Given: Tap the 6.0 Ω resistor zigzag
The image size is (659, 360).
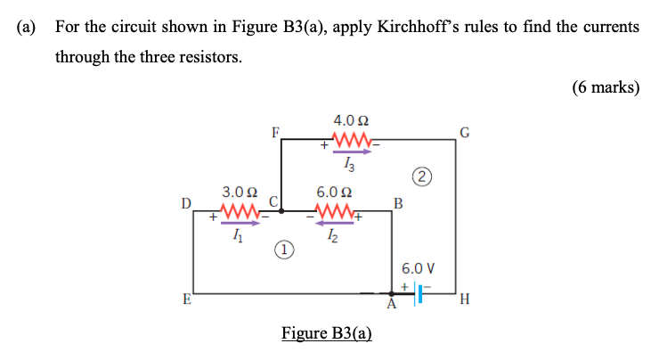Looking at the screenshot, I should pyautogui.click(x=335, y=212).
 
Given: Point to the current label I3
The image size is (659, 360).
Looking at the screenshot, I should pyautogui.click(x=350, y=162).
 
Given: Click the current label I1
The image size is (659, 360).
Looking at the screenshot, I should pyautogui.click(x=235, y=234).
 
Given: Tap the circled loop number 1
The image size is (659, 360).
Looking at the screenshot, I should pyautogui.click(x=281, y=251).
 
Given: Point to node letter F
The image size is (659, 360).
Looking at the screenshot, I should pyautogui.click(x=276, y=133).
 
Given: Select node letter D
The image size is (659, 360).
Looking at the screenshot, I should pyautogui.click(x=185, y=204).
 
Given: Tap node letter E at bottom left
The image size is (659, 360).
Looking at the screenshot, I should pyautogui.click(x=186, y=299).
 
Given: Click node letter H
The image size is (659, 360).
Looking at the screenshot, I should pyautogui.click(x=463, y=300).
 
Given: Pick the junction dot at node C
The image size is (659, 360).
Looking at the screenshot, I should pyautogui.click(x=281, y=212).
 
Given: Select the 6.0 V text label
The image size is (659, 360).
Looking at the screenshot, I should pyautogui.click(x=418, y=267).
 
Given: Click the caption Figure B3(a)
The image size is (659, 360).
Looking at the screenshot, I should pyautogui.click(x=326, y=333).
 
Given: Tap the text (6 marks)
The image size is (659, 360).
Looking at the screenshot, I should pyautogui.click(x=606, y=87).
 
